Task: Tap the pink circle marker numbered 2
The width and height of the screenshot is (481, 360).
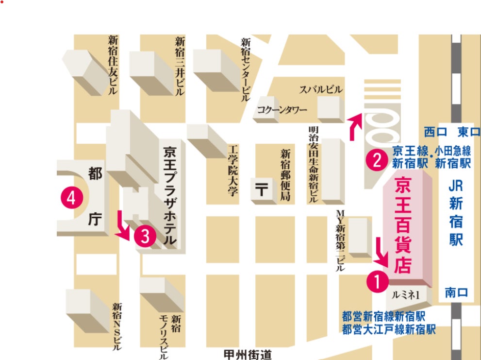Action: pos(376,159)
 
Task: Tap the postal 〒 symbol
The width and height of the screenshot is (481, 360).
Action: pos(261,190)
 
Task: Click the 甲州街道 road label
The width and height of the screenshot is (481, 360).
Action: pos(249,354)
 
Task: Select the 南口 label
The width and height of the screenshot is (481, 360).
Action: pos(456,292)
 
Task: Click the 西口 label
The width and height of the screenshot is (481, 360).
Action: pos(435,132)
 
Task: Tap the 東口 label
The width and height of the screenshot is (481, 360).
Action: pos(468,132)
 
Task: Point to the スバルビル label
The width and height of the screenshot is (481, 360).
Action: pos(321,89)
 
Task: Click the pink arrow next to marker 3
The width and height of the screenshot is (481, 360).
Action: pos(123,226)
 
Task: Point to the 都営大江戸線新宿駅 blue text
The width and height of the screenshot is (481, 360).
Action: pos(388,330)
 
